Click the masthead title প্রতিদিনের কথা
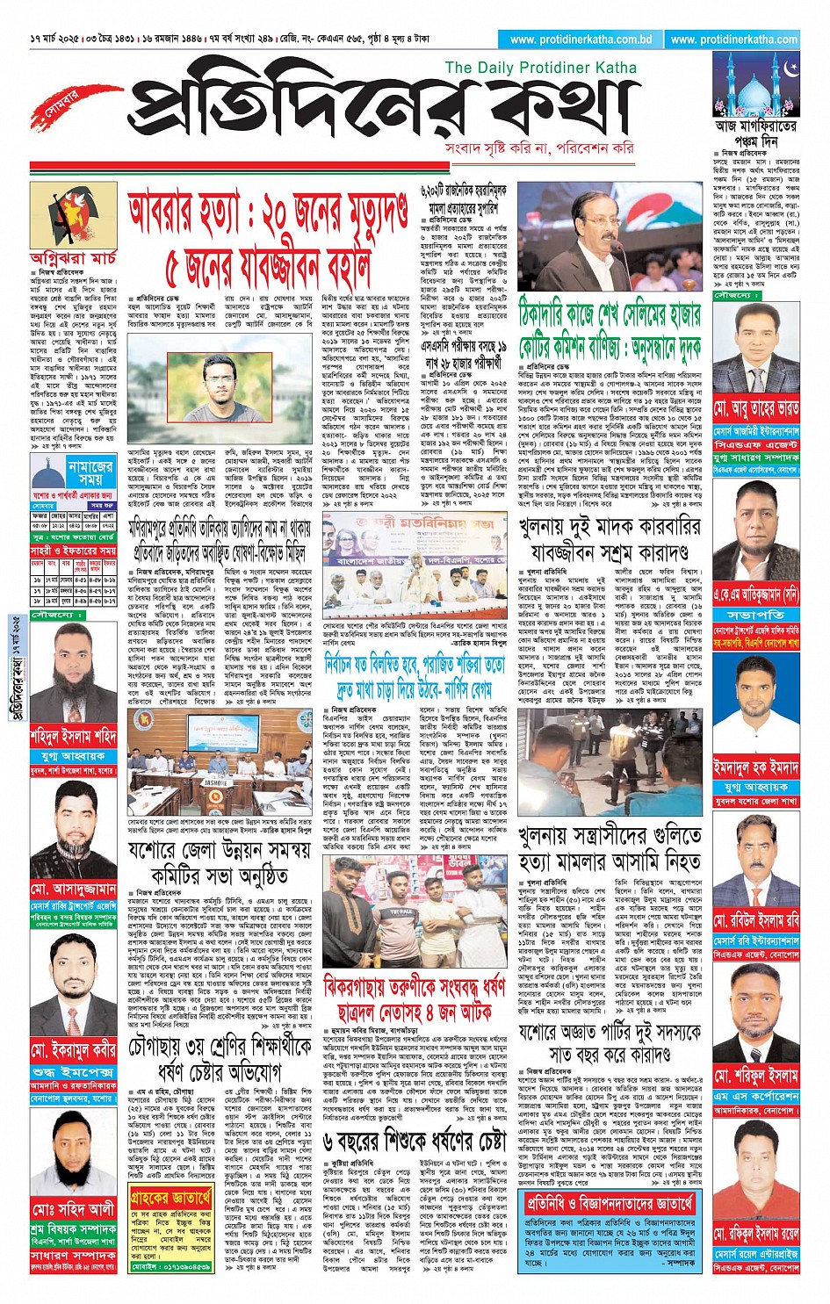click(x=369, y=110)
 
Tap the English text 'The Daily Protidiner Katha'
click(x=540, y=68)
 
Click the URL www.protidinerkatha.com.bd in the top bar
click(x=581, y=40)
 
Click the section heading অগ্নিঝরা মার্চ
click(x=73, y=258)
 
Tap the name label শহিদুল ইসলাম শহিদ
click(x=73, y=735)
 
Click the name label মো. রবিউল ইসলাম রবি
click(x=756, y=920)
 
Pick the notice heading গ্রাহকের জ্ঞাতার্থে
click(x=171, y=1196)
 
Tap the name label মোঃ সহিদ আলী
click(x=73, y=1209)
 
